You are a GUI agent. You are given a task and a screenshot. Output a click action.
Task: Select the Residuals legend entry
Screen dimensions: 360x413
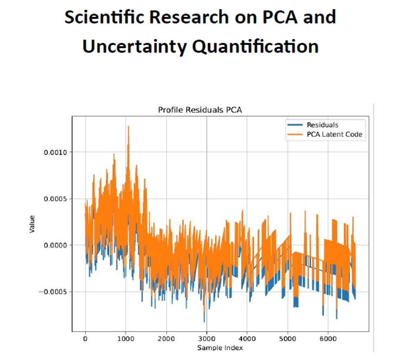coord(322,125)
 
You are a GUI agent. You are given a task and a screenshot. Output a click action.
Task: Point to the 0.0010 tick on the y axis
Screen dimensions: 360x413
coord(55,152)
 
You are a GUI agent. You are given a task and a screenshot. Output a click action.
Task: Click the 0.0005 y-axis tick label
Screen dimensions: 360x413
coord(55,199)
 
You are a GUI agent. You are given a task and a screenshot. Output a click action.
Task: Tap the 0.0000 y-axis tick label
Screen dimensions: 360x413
coord(55,245)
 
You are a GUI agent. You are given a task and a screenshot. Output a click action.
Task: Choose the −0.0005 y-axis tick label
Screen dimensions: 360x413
coord(54,292)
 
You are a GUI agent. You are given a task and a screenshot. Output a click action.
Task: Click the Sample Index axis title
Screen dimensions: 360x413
coord(219,347)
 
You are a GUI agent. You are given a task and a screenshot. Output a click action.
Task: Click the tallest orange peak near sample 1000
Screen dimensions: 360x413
coord(129,126)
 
